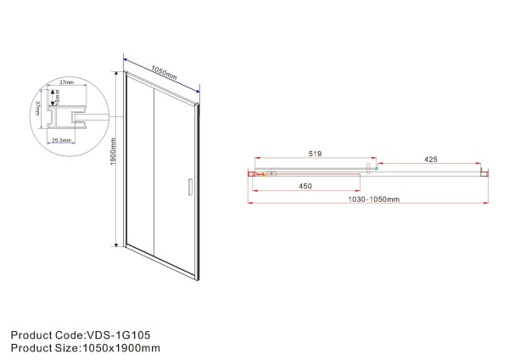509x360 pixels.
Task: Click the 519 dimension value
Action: [313, 155]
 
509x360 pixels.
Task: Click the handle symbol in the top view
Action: [369, 170]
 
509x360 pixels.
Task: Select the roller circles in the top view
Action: [269, 175]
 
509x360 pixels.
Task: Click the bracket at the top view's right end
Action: [484, 173]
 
